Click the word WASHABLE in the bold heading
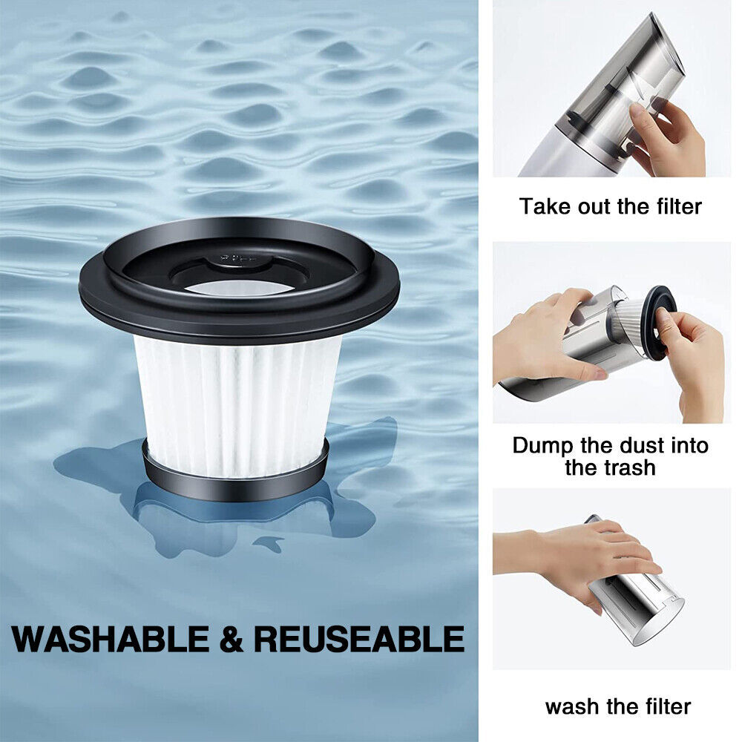pyautogui.click(x=111, y=639)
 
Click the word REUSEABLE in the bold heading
pyautogui.click(x=359, y=639)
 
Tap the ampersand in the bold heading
pyautogui.click(x=232, y=639)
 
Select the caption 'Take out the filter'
pyautogui.click(x=611, y=206)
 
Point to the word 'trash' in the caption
pyautogui.click(x=632, y=467)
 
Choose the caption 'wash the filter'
pyautogui.click(x=618, y=706)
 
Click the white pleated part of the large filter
pyautogui.click(x=237, y=402)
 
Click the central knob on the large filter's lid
pyautogui.click(x=239, y=259)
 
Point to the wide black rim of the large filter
pyautogui.click(x=239, y=312)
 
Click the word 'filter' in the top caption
pyautogui.click(x=679, y=206)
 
